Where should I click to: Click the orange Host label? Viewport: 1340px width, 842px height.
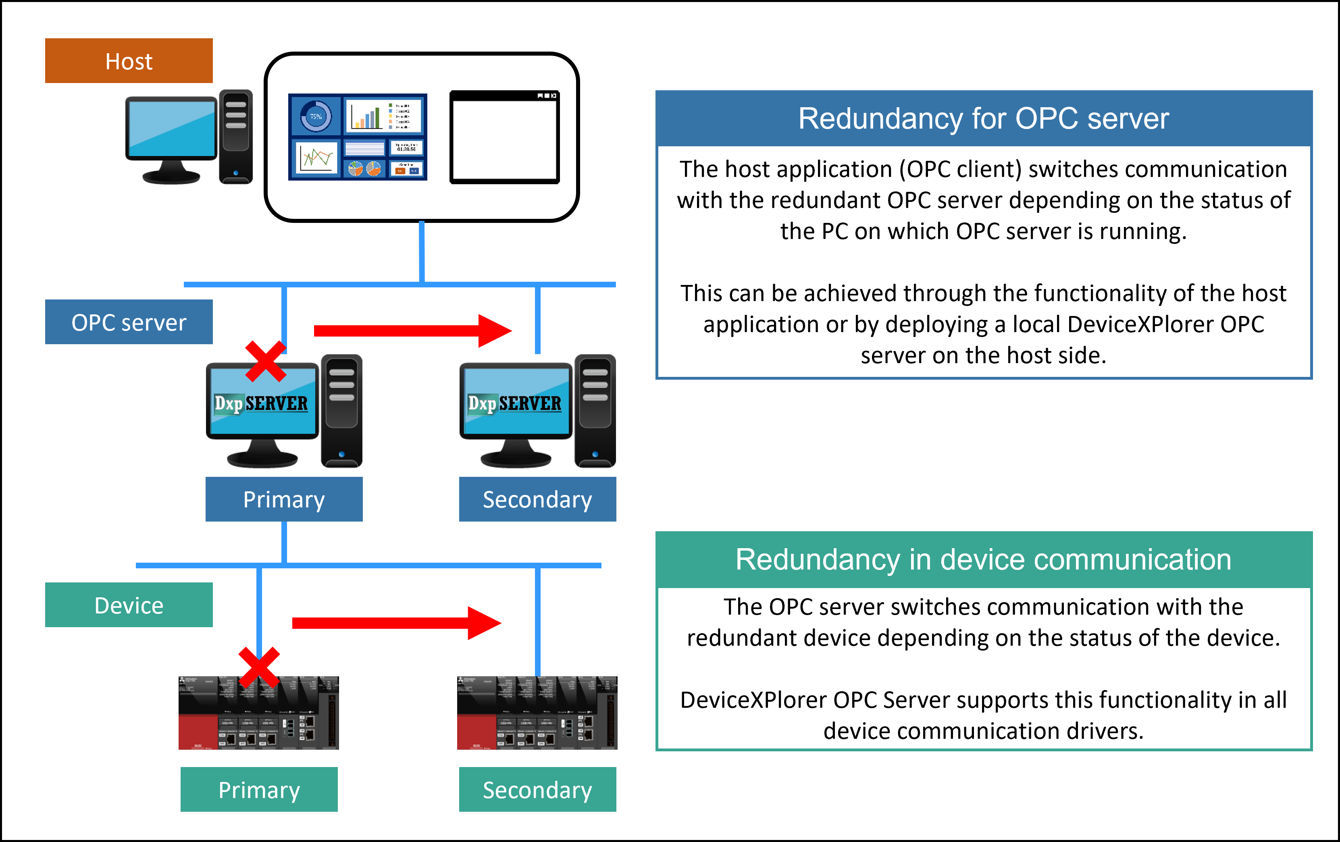[129, 60]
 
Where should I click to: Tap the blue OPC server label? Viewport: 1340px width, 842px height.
[129, 322]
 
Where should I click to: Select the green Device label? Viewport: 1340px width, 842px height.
[129, 605]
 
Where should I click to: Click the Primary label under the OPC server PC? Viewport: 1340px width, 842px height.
[284, 499]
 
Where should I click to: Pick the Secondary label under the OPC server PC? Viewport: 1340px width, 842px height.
[537, 499]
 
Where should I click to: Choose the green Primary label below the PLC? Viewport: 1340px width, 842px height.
[259, 790]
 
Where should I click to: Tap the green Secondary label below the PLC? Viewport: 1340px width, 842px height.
[537, 790]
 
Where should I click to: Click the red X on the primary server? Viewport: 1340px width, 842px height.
[265, 362]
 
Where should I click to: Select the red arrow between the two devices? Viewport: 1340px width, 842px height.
[396, 623]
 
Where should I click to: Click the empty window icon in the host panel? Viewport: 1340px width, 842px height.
[504, 137]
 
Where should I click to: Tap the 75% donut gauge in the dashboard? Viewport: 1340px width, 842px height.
[316, 116]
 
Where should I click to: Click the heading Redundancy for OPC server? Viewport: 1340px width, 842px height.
[983, 119]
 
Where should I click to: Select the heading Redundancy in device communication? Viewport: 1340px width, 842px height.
[983, 559]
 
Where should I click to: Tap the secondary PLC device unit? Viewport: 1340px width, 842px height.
[537, 713]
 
